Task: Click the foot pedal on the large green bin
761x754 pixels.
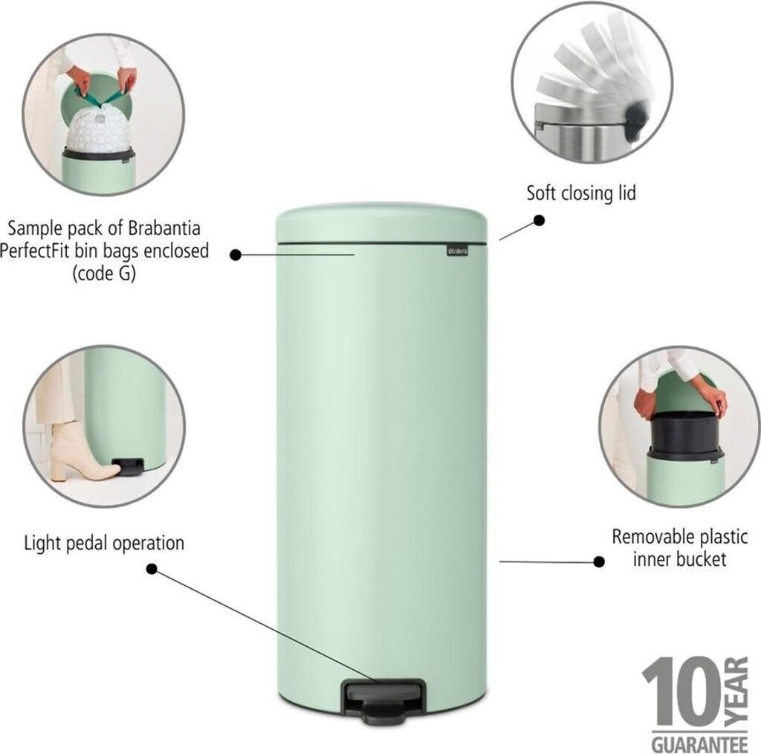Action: point(384,700)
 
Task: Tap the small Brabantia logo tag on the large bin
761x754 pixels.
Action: point(458,251)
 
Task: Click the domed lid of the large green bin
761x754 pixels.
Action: point(381,223)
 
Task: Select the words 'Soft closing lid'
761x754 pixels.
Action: point(581,193)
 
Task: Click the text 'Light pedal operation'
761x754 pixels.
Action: point(104,543)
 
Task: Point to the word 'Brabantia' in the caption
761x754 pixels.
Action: point(164,228)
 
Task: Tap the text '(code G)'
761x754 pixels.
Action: point(104,274)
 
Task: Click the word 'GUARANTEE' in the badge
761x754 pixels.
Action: point(699,744)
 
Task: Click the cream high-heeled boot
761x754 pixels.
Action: point(82,451)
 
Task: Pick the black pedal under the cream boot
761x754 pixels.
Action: point(128,465)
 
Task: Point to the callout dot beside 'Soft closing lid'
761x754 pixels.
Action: point(539,220)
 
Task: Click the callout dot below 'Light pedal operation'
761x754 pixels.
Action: point(152,569)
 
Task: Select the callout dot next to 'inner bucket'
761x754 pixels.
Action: point(599,561)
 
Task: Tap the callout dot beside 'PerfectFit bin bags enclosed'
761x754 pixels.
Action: point(236,255)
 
